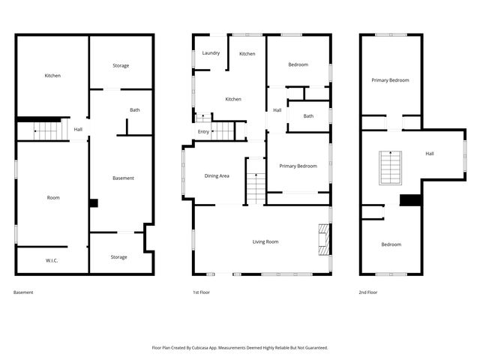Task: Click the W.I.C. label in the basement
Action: (x=52, y=260)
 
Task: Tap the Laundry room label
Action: (x=211, y=53)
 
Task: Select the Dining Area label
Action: (x=217, y=175)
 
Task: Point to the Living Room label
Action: (x=265, y=241)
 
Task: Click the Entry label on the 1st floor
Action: (x=203, y=132)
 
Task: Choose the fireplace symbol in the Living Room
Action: (x=323, y=238)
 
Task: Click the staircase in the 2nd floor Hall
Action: (x=389, y=167)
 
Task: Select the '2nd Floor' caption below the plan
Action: (x=367, y=292)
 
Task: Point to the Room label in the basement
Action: (x=53, y=197)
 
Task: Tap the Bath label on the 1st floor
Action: (x=308, y=115)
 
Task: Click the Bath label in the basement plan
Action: (x=134, y=110)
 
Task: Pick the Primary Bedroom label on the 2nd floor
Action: (x=390, y=80)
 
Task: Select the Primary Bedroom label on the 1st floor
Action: (x=298, y=166)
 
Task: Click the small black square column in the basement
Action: (x=93, y=202)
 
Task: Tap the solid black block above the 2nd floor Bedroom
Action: (x=410, y=199)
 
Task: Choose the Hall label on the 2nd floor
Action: (x=429, y=154)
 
